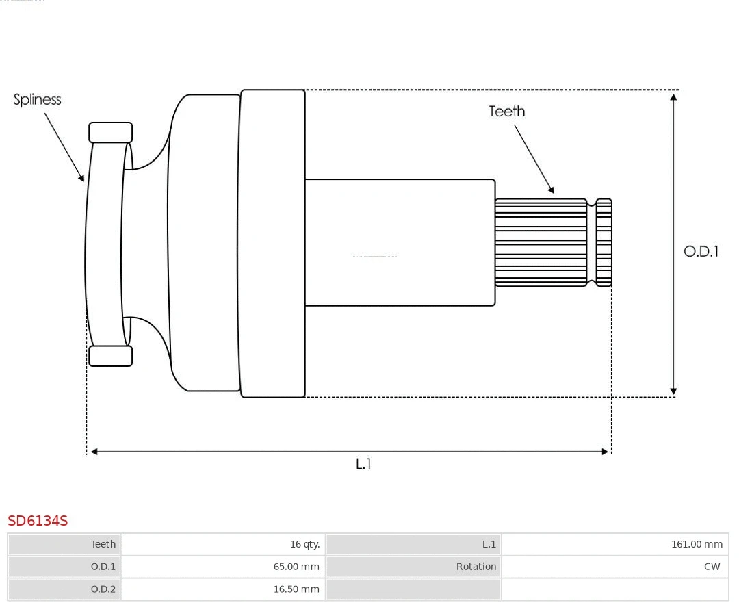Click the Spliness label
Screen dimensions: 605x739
37,100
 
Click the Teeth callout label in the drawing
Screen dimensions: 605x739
506,112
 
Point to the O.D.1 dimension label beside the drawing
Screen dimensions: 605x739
701,251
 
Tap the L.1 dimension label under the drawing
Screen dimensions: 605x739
363,464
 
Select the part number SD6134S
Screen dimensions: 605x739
38,521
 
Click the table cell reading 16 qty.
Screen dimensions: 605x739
304,544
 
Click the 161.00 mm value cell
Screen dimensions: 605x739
696,544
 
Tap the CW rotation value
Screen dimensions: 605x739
712,567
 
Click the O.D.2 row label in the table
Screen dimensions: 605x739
103,589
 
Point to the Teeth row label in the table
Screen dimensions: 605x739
103,544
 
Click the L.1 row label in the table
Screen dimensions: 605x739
489,544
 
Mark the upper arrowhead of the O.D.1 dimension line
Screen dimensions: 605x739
674,97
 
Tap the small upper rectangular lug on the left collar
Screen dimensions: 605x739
110,133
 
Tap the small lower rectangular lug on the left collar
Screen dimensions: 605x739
110,356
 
